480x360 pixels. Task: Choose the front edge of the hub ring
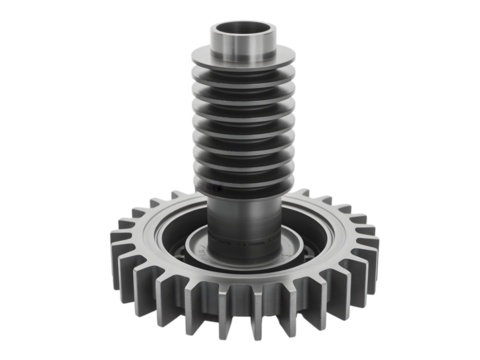[240, 272]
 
